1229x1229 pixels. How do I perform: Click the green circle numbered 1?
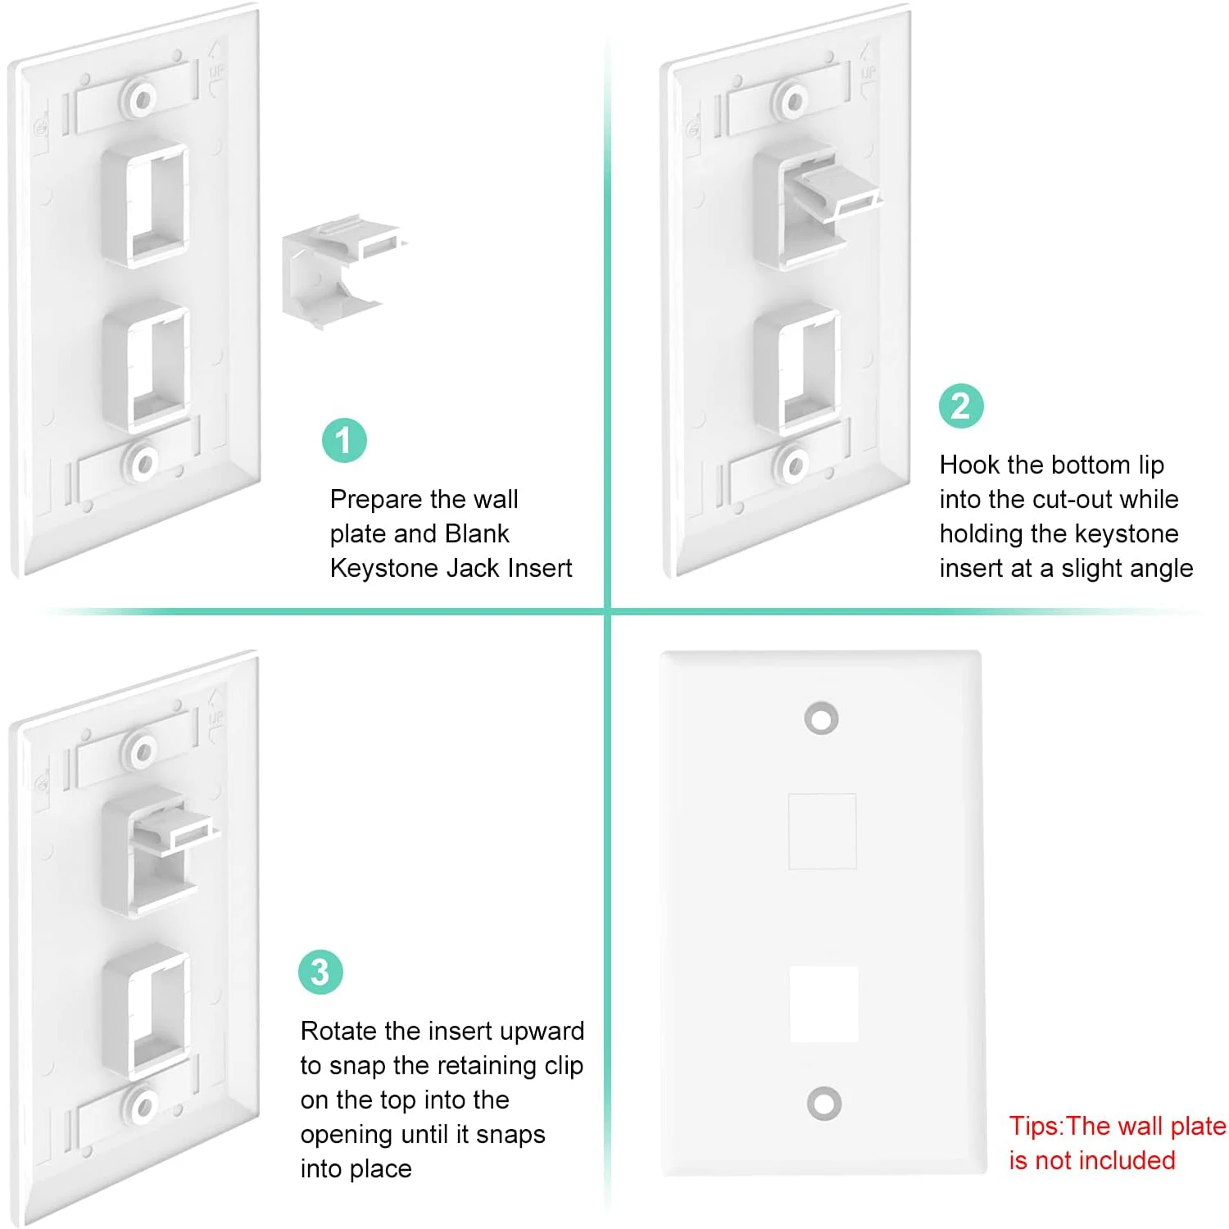[x=344, y=440]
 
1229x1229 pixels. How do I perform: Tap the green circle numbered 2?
[x=961, y=406]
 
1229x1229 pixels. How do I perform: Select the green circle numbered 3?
[x=320, y=972]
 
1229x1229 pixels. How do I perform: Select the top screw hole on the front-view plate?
[x=821, y=718]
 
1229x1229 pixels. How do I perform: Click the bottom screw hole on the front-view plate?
[x=823, y=1103]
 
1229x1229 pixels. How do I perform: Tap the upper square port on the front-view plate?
[x=822, y=831]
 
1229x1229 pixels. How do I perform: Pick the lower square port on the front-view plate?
[x=823, y=1005]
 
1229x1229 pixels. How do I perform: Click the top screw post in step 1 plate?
[x=143, y=100]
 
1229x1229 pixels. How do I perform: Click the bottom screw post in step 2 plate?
[x=792, y=465]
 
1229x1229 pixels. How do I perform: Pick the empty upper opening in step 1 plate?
[x=146, y=206]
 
